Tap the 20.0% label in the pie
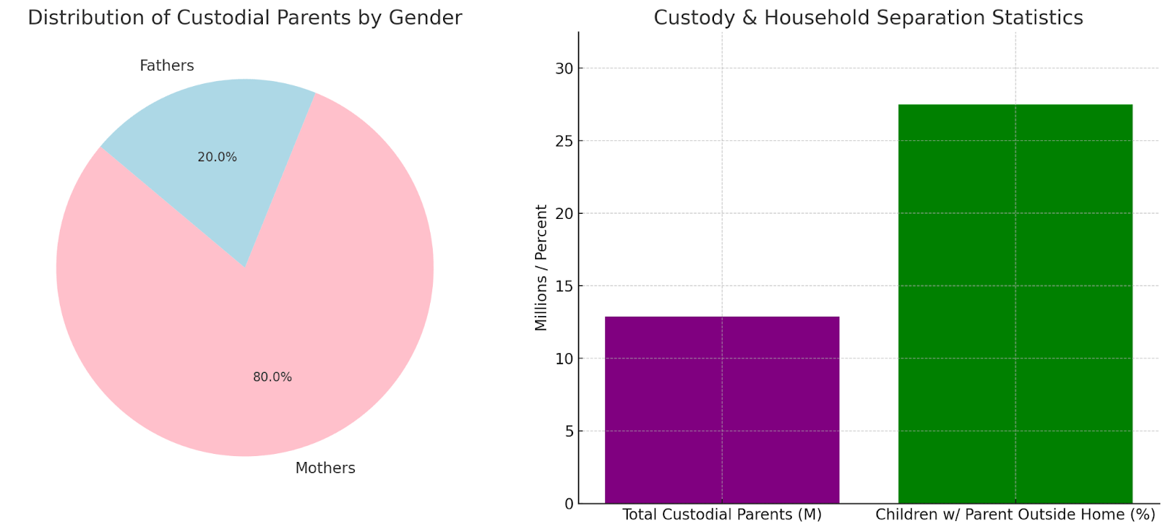click(217, 157)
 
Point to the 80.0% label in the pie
click(272, 377)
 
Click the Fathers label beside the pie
click(166, 66)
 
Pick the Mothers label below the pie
click(325, 469)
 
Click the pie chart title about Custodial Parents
click(245, 18)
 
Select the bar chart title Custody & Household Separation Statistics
click(868, 18)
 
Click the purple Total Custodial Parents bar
click(722, 409)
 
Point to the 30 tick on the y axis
click(564, 69)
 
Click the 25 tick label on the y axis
click(564, 141)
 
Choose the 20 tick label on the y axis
click(564, 214)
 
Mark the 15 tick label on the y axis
click(564, 286)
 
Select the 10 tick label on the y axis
click(564, 359)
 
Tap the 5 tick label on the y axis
click(569, 431)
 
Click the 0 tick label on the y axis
click(569, 504)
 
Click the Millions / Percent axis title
click(541, 267)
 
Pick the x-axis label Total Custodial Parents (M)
click(722, 514)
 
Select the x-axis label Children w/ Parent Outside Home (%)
click(1015, 514)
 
